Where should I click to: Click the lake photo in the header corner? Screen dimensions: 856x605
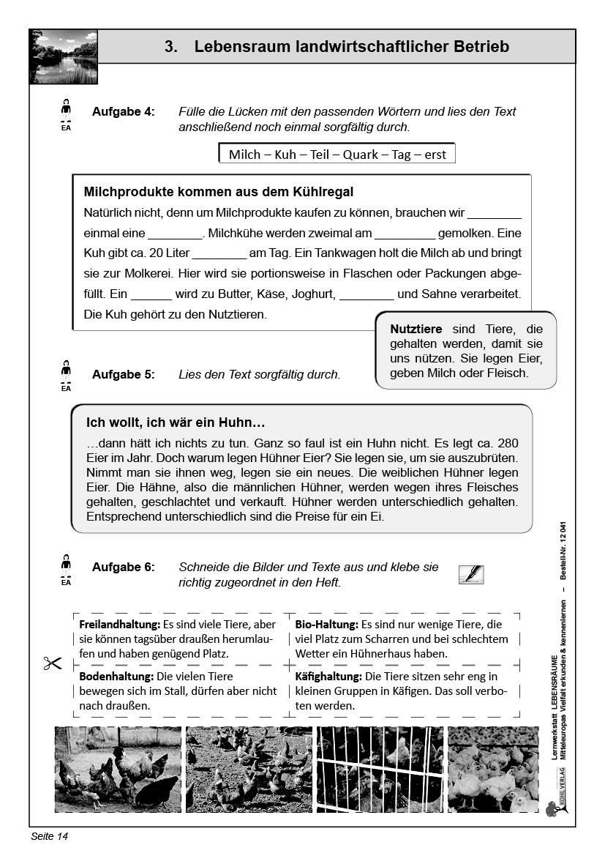(x=64, y=56)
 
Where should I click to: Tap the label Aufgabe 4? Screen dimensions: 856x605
(x=124, y=112)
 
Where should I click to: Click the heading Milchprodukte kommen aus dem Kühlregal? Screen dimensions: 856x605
(x=219, y=192)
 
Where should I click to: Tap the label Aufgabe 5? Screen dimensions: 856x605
(x=124, y=374)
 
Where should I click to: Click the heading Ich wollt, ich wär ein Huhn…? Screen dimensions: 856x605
(x=176, y=423)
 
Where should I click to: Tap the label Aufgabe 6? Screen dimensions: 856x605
(x=124, y=567)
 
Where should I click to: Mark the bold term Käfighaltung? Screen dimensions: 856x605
(x=328, y=677)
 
